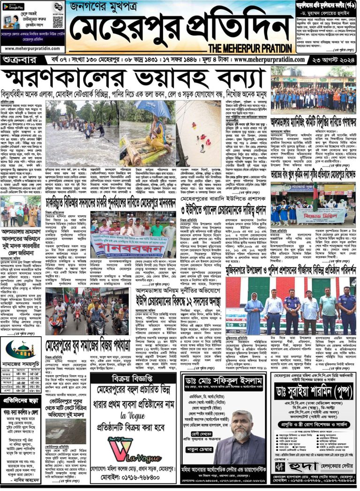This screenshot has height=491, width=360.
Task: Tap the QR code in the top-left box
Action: pyautogui.click(x=58, y=21)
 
